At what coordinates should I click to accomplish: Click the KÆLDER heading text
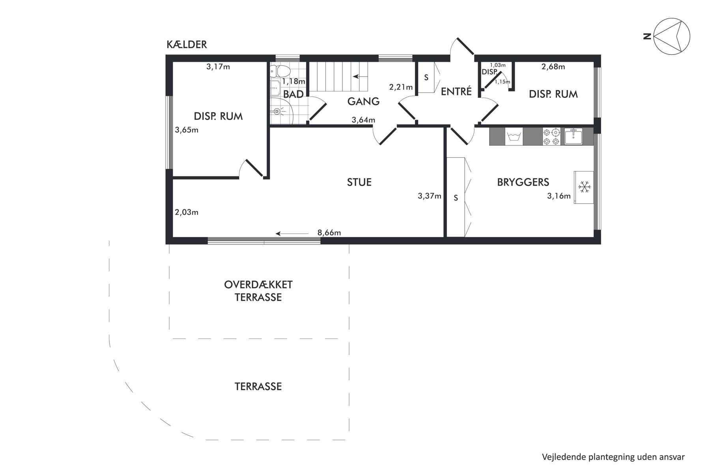187,45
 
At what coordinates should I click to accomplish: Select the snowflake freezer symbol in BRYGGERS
583,187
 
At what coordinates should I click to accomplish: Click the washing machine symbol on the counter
514,137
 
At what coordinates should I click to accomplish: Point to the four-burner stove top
551,137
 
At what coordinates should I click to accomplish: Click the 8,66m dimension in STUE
329,233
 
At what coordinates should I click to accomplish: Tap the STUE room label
359,182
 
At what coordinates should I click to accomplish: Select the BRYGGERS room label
523,182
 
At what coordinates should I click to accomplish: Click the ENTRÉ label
456,91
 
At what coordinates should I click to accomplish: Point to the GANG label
363,102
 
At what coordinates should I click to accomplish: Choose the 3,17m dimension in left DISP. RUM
218,67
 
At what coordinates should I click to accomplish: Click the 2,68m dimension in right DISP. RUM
553,67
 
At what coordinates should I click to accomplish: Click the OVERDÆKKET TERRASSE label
258,291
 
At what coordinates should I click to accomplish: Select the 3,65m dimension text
187,130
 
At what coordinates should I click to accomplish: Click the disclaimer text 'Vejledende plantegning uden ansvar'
613,457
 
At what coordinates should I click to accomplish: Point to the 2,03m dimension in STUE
187,212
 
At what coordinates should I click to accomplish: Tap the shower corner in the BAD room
280,111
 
